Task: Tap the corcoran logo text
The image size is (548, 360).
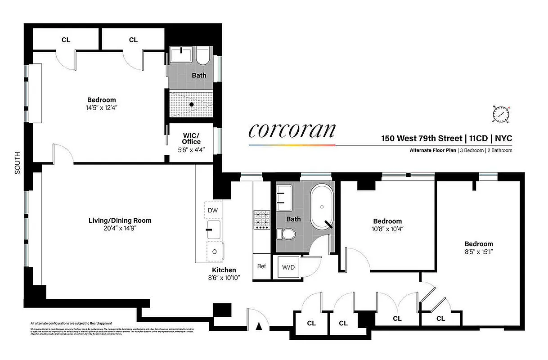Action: (292, 130)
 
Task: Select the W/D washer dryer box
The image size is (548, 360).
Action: (288, 267)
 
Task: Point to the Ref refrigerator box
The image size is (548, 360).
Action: (261, 266)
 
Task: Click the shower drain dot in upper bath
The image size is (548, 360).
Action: (192, 104)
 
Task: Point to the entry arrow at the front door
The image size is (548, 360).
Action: (259, 327)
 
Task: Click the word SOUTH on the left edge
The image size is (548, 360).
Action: (18, 162)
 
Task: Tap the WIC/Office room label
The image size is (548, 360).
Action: (191, 139)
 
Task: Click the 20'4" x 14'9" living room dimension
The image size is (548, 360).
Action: (119, 228)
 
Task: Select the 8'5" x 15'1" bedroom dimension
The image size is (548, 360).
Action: (479, 252)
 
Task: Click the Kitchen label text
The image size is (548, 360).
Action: (224, 270)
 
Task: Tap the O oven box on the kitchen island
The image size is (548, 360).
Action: (214, 252)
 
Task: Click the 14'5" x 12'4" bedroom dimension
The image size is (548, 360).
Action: (101, 108)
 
